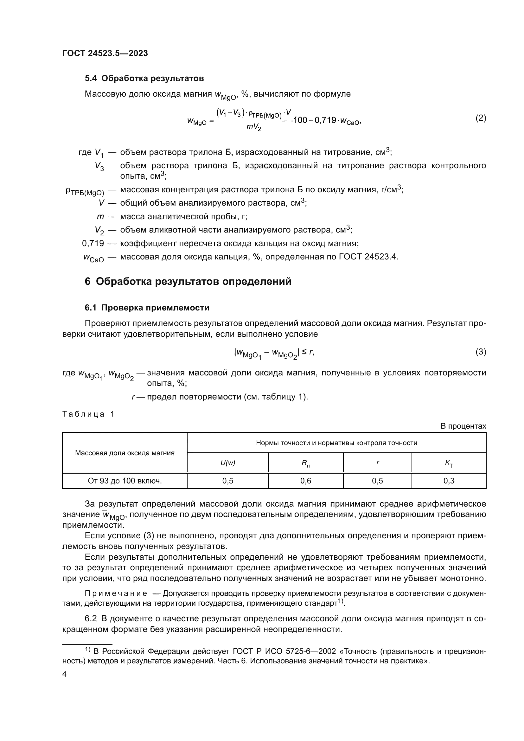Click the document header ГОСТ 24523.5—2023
click(x=105, y=53)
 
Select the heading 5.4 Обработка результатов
click(x=144, y=79)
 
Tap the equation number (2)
click(x=481, y=118)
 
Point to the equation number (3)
click(x=481, y=352)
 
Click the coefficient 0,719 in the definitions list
click(x=93, y=243)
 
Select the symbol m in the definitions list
click(x=100, y=217)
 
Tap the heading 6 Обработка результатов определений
click(x=188, y=281)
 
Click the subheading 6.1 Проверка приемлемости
click(x=147, y=308)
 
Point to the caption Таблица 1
click(x=88, y=414)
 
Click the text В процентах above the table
click(x=463, y=426)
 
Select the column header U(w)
click(x=228, y=463)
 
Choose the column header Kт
click(x=449, y=463)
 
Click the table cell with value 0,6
click(x=305, y=481)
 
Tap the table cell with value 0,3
click(x=449, y=481)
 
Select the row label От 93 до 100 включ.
click(x=125, y=481)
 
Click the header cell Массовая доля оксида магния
click(x=125, y=453)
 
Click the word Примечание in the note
click(x=116, y=593)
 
